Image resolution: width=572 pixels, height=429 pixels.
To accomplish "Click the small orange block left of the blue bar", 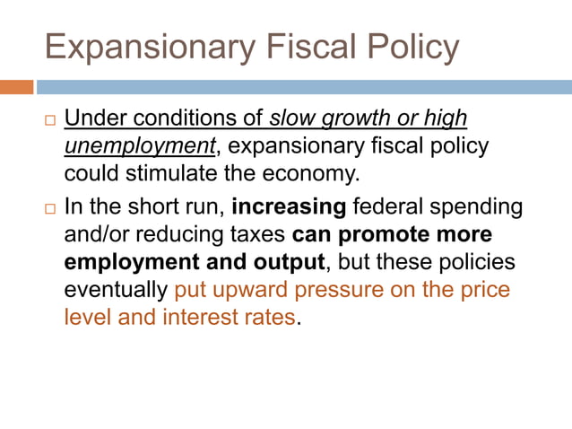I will point(17,87).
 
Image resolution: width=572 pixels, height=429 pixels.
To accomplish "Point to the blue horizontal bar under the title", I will point(304,87).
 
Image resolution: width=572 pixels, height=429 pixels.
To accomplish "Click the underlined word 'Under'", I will point(92,118).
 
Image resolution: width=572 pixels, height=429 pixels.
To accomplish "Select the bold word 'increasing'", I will point(289,206).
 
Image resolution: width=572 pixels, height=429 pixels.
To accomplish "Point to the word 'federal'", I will point(389,206).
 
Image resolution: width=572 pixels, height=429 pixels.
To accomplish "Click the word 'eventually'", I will point(116,291).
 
